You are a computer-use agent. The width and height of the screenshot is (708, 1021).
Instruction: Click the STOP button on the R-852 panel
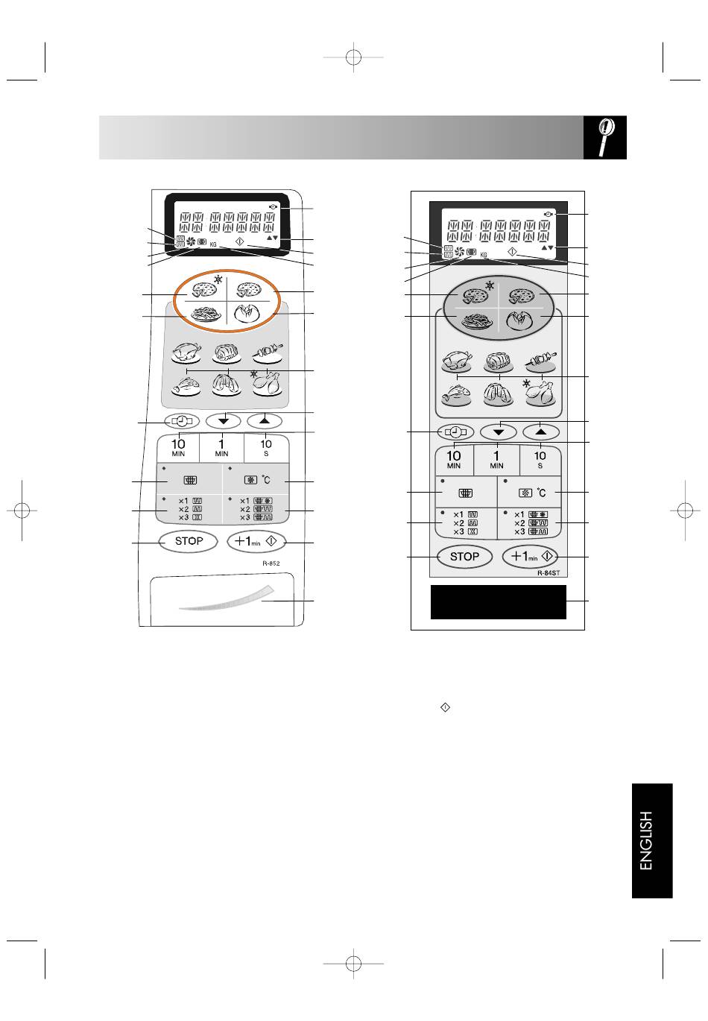coord(189,542)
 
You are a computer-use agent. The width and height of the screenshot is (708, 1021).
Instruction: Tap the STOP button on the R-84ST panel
coord(464,557)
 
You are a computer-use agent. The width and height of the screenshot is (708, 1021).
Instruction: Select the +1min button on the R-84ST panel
coord(530,557)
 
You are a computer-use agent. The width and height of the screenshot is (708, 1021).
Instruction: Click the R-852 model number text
coord(271,563)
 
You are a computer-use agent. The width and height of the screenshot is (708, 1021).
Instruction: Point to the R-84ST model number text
coord(548,573)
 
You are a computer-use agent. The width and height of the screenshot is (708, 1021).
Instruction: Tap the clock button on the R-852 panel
coord(182,421)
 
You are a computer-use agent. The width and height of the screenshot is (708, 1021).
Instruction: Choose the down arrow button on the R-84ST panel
coord(499,432)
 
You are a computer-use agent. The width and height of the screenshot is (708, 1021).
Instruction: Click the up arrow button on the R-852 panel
coord(265,421)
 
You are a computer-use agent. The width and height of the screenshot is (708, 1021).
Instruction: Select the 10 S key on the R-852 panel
coord(266,448)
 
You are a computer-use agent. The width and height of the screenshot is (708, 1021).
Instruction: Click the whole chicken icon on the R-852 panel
coord(186,353)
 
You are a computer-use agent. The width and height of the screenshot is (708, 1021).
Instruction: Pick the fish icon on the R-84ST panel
coord(456,395)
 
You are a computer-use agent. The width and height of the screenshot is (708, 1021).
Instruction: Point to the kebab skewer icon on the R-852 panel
coord(268,353)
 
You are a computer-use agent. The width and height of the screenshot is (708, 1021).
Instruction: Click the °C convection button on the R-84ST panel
coord(529,493)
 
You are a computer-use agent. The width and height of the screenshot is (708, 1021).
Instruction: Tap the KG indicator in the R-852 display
coord(213,244)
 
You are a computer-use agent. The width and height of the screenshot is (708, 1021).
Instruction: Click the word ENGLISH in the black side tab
coord(646,841)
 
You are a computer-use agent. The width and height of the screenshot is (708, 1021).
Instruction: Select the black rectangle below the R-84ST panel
coord(499,602)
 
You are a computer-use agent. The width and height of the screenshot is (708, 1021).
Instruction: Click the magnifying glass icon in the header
coord(605,137)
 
